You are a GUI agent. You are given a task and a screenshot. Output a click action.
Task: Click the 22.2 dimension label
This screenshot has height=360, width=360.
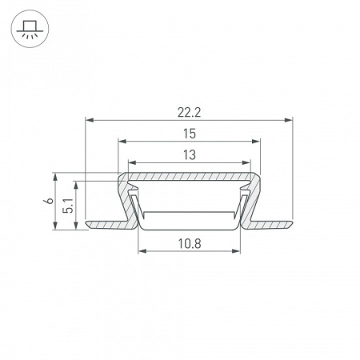pos(189,113)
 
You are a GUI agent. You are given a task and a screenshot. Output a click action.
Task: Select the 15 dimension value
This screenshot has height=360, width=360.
pos(190,134)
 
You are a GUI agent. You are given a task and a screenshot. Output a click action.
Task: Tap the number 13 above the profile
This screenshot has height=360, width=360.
pos(190,155)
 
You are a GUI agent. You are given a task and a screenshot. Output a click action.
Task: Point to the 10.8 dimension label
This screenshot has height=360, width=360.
pos(190,243)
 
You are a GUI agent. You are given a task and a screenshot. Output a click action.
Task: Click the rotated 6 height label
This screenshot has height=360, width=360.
pos(49,201)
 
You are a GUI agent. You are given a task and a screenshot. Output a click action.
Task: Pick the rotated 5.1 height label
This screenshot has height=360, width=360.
pos(68,206)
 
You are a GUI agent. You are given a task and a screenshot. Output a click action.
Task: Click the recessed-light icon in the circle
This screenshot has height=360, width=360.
pos(30,29)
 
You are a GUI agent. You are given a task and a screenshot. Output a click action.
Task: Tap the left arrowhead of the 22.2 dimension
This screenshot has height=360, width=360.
pos(89,120)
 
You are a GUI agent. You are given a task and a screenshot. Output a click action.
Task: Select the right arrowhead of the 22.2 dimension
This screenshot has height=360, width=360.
pos(289,120)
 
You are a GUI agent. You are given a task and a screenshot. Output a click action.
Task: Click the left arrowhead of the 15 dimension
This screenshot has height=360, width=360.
pos(122,142)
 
